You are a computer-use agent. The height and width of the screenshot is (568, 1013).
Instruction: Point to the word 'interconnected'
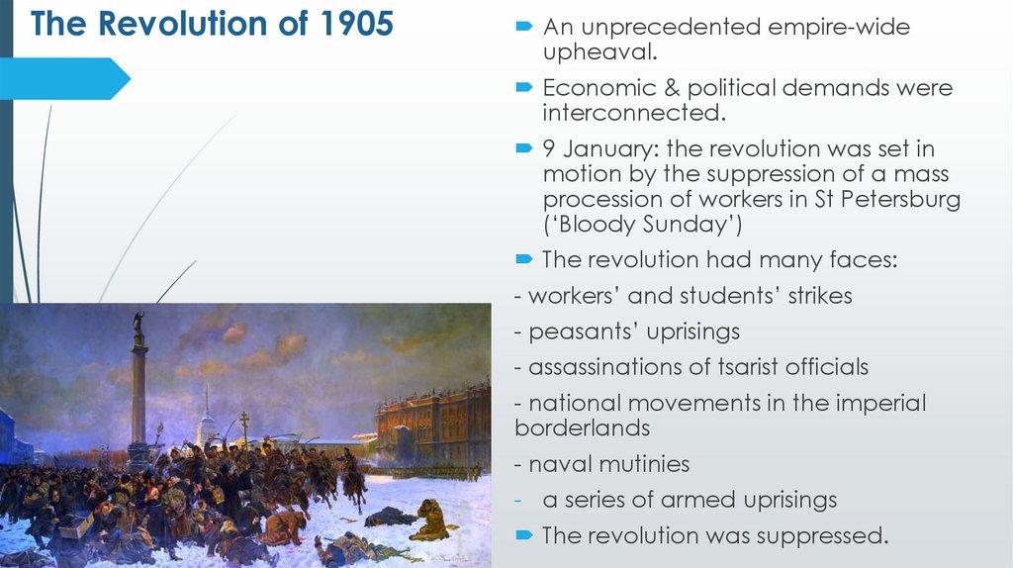(633, 113)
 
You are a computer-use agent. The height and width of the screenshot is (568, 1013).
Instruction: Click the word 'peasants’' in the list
(583, 331)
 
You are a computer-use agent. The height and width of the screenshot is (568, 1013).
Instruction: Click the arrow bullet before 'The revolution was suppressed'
(524, 535)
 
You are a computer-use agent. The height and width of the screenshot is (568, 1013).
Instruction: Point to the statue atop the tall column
(138, 324)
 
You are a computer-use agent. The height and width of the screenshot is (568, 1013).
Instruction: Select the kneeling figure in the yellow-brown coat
(432, 520)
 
